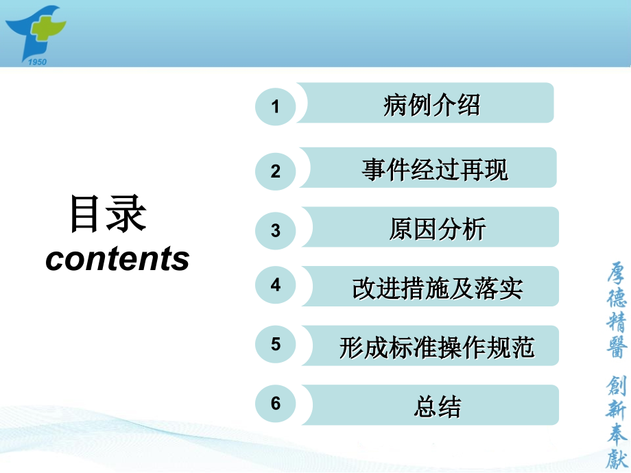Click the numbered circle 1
click(x=276, y=106)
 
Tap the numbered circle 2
click(x=276, y=171)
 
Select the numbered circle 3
click(x=276, y=230)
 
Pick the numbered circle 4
click(x=276, y=284)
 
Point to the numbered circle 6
click(x=276, y=403)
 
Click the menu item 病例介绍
click(x=431, y=105)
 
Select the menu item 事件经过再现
click(x=435, y=169)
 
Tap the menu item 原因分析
click(x=437, y=229)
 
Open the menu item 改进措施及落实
click(x=437, y=288)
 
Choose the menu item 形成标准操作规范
click(x=437, y=348)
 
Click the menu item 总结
click(x=437, y=407)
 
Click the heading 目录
click(x=108, y=213)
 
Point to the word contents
click(x=117, y=258)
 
